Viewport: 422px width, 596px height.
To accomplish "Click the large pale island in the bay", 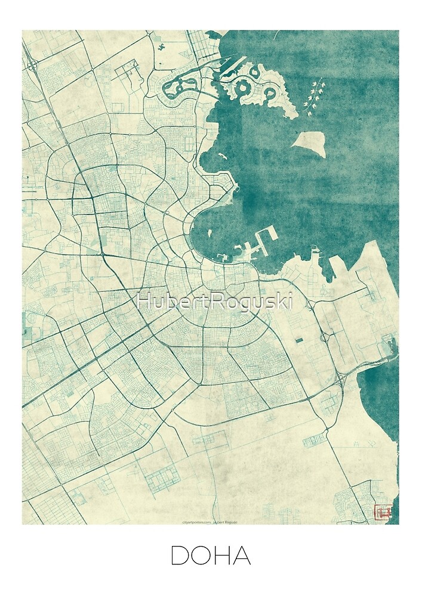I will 310,143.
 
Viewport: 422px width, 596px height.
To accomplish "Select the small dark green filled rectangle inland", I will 298,340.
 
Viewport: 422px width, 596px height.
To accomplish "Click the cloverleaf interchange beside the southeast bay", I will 343,379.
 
